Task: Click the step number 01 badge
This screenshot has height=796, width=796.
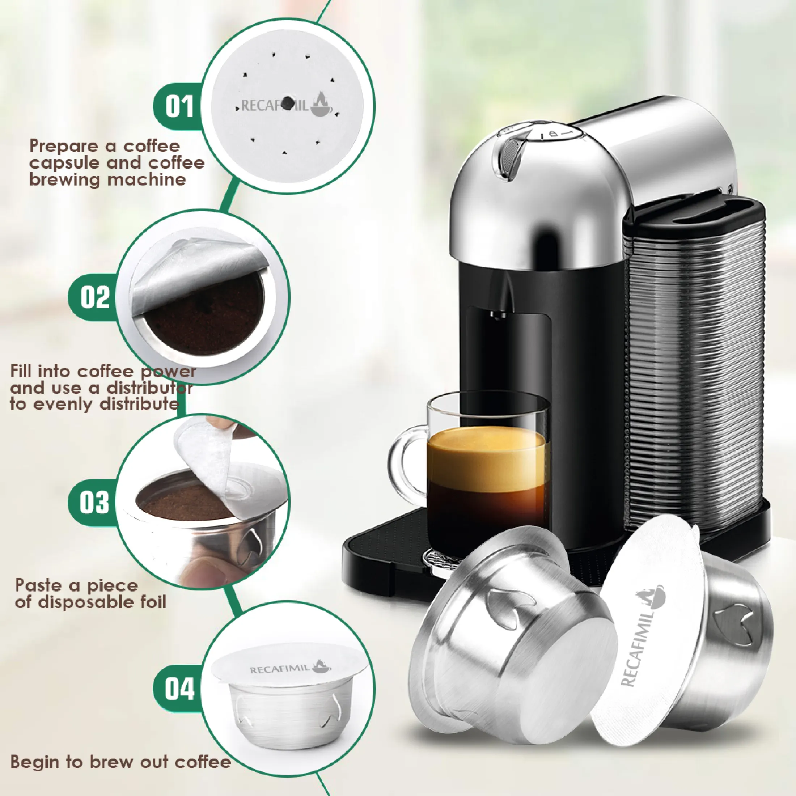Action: pos(178,106)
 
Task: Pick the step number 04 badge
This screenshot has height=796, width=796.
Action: pos(178,689)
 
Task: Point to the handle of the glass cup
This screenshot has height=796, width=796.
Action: pos(402,466)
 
